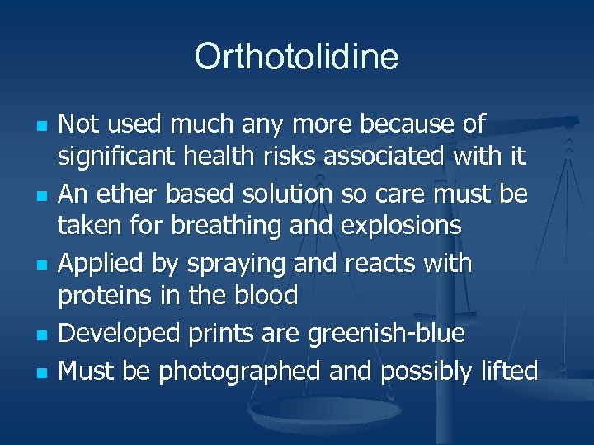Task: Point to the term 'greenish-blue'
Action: pos(386,334)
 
